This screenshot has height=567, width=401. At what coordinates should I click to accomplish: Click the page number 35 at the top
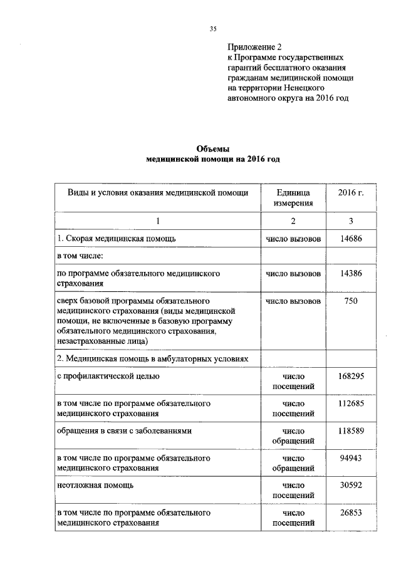coord(212,28)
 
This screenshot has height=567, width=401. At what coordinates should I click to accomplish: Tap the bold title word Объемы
coord(212,148)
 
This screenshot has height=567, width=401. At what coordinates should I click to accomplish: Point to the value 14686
coord(351,239)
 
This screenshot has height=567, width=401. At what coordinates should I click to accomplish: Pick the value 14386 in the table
coord(351,274)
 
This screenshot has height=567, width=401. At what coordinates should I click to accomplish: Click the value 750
coord(351,301)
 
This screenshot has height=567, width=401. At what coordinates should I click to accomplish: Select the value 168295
coord(351,376)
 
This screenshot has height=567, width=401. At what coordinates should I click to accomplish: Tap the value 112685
coord(351,403)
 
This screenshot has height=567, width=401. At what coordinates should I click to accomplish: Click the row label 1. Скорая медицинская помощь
coord(112,239)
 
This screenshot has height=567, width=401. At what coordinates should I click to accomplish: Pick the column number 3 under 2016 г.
coord(351,221)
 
